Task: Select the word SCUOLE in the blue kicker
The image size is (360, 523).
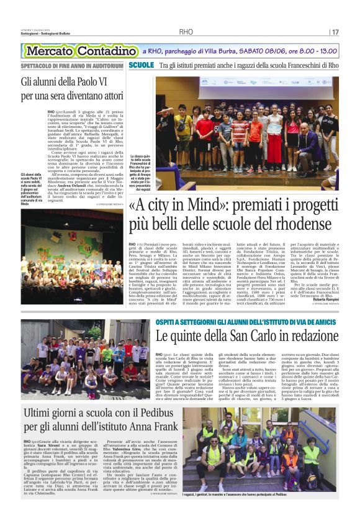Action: pyautogui.click(x=142, y=65)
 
